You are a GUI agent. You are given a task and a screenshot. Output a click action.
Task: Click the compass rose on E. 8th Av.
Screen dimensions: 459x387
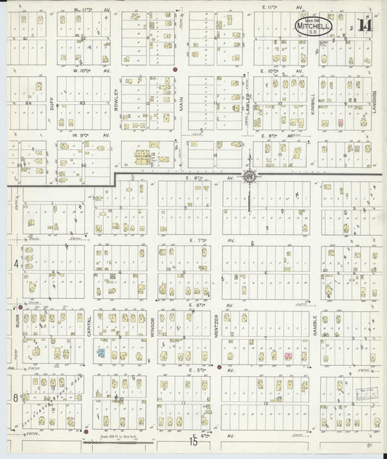point(249,177)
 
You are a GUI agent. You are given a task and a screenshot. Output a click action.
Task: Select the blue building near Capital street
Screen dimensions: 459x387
point(101,352)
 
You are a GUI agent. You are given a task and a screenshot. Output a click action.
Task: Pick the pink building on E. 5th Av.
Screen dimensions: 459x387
point(288,356)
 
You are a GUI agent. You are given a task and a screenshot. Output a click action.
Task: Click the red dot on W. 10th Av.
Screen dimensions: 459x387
point(176,70)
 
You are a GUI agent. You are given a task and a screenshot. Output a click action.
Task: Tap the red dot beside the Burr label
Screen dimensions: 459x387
point(20,308)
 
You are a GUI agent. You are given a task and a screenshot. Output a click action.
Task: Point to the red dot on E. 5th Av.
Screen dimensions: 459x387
point(219,367)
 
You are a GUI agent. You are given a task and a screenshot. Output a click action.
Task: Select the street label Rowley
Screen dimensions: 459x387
point(116,100)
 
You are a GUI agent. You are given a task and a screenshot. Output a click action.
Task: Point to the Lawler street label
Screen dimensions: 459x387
point(248,102)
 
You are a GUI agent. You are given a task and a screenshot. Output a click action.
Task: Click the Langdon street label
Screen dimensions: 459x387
point(375,102)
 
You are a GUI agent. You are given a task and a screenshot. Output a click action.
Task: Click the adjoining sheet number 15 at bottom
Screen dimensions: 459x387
point(193,441)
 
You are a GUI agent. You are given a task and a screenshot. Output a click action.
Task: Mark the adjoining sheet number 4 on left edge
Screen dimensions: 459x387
point(15,263)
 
